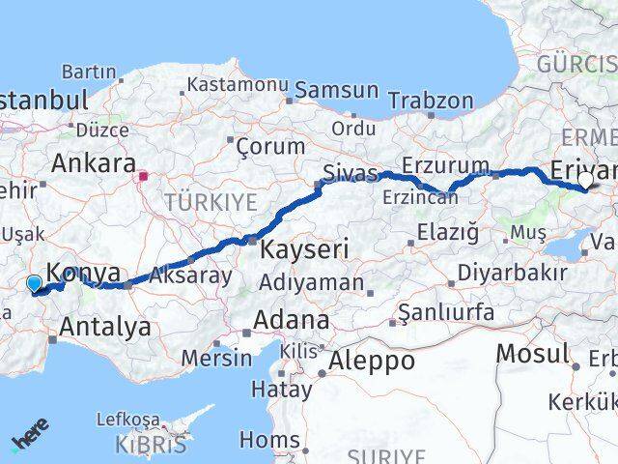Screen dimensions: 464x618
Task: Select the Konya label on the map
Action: click(x=83, y=272)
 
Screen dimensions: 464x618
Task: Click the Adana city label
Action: click(x=291, y=320)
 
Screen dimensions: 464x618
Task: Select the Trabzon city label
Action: click(x=431, y=101)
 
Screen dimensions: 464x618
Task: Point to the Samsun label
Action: click(x=336, y=90)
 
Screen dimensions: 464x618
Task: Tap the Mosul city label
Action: click(x=532, y=353)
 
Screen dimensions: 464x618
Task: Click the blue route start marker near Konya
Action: click(x=35, y=283)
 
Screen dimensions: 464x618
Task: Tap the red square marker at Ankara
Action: click(x=144, y=176)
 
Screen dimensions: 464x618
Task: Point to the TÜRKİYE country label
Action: click(x=211, y=202)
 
